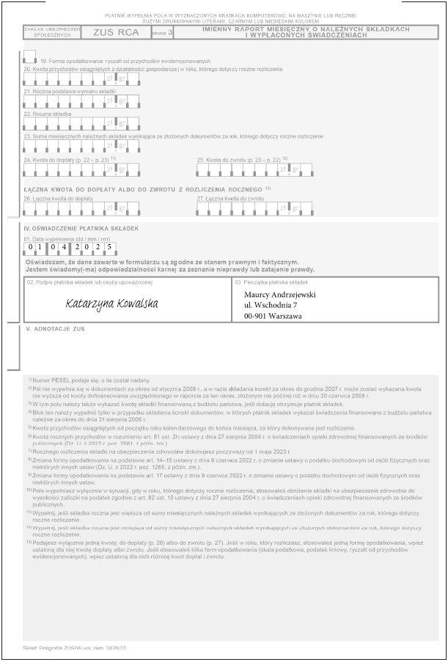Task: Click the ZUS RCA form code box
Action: pos(117,32)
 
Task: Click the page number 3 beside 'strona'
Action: pos(171,33)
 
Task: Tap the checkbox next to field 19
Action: pos(29,56)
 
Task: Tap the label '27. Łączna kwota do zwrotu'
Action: pos(230,199)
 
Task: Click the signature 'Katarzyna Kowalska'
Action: pos(111,302)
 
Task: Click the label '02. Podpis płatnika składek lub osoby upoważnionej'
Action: pos(89,282)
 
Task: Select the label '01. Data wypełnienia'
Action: pos(67,238)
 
